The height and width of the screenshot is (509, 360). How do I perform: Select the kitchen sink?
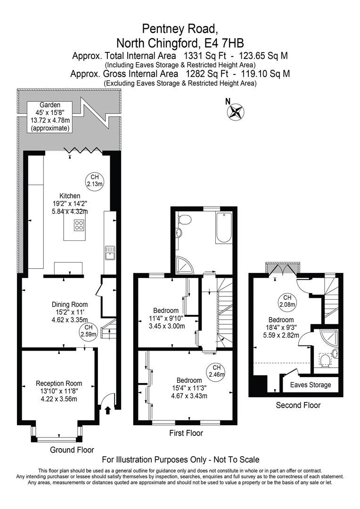click(x=109, y=253)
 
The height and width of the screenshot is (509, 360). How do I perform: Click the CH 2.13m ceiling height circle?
click(x=94, y=181)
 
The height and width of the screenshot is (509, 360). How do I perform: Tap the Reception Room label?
click(x=59, y=383)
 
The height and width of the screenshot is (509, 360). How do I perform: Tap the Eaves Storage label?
click(x=310, y=385)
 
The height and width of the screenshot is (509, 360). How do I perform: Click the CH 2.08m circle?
click(x=286, y=301)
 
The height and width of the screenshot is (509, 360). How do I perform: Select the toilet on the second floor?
click(x=324, y=361)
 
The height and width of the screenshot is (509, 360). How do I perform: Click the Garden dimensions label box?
click(x=49, y=116)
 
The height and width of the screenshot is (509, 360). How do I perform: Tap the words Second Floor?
click(x=298, y=405)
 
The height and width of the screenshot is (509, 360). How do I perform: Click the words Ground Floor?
click(x=72, y=450)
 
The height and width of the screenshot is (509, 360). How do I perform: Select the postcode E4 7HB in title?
click(x=221, y=43)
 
